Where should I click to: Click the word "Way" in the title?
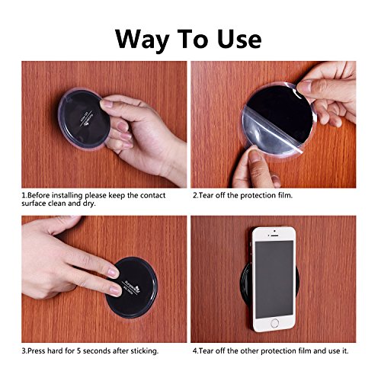click(142, 40)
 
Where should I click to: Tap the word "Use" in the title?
click(239, 39)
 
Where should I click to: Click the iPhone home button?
click(274, 323)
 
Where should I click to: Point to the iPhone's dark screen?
click(274, 280)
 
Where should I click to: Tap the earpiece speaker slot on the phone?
click(274, 235)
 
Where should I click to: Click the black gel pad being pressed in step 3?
click(131, 287)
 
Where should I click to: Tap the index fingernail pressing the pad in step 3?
click(113, 273)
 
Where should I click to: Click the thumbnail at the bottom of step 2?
click(255, 156)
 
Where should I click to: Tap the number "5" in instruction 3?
click(79, 351)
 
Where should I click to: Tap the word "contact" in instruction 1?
click(152, 196)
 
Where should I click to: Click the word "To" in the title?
click(194, 39)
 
